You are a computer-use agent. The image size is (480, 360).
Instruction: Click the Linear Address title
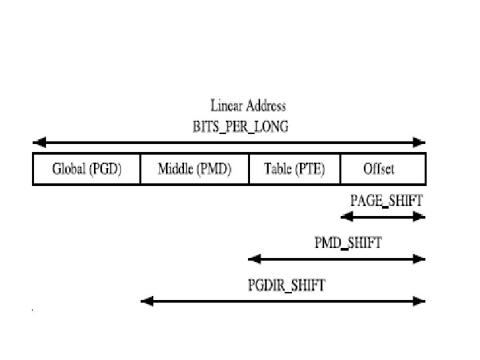[248, 105]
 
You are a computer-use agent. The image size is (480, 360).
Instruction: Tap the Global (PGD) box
[87, 169]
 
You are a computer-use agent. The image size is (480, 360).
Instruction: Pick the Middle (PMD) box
[194, 169]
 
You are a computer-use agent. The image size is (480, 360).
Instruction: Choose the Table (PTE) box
[294, 169]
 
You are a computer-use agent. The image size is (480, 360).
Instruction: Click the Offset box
[379, 169]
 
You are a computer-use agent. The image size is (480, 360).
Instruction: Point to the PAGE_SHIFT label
[387, 199]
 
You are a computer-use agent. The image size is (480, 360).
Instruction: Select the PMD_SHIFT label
[348, 243]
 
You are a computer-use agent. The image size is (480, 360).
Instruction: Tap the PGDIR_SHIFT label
[287, 286]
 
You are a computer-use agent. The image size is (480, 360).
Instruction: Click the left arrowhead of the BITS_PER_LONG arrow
[38, 142]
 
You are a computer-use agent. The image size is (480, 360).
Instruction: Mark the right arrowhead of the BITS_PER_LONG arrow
[419, 142]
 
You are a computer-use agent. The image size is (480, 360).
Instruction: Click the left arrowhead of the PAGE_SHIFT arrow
[345, 216]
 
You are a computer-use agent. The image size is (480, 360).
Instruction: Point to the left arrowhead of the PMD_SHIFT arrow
[253, 259]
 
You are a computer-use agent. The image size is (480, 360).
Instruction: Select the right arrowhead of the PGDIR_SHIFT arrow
[419, 301]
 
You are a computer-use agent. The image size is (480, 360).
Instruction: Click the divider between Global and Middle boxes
[141, 169]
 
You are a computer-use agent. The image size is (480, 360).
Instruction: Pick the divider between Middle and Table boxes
[249, 169]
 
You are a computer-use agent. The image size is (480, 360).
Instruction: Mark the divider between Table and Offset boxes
[341, 169]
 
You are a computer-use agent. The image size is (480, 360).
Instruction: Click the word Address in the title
[265, 105]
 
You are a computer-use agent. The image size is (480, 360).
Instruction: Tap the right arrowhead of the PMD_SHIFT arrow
[419, 259]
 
